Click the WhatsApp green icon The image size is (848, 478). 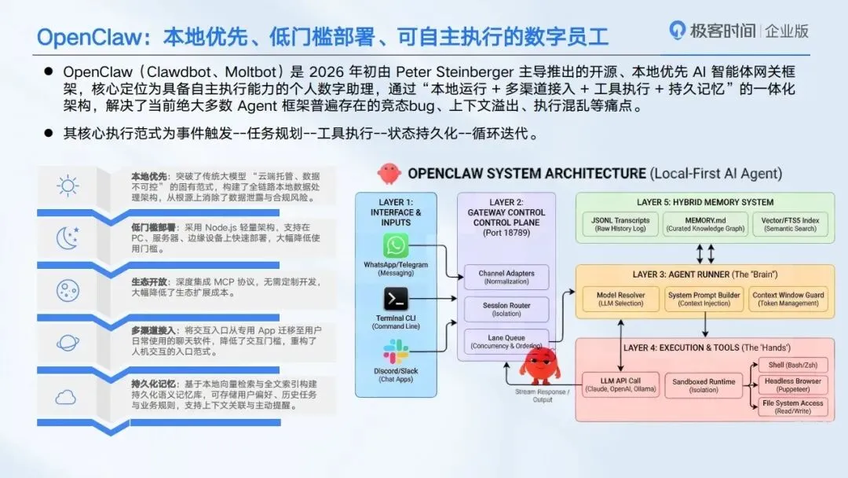[396, 245]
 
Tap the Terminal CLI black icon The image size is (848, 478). [396, 300]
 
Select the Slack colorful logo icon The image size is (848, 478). [396, 352]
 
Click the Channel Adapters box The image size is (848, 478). [506, 277]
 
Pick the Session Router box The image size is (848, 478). [506, 309]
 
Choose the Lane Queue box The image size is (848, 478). [506, 341]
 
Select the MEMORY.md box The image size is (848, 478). [704, 224]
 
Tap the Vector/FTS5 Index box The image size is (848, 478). [790, 224]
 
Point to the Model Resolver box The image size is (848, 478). [620, 299]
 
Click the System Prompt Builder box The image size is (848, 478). [704, 299]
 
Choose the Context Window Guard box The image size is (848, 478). [788, 299]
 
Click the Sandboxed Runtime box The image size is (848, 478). [704, 385]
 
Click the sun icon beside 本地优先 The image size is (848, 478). [68, 186]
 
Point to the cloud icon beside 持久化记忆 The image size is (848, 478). [66, 397]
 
